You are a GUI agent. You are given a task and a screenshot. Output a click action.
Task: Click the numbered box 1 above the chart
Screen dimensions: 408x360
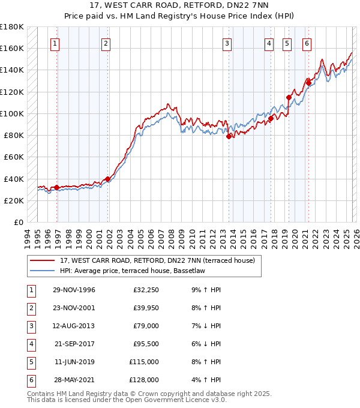pos(55,43)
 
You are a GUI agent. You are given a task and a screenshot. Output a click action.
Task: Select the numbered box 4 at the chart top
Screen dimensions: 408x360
pos(269,43)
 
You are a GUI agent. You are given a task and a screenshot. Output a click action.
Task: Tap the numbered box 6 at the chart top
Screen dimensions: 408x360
pos(307,43)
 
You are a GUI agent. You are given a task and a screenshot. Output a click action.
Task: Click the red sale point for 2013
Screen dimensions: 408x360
pos(229,136)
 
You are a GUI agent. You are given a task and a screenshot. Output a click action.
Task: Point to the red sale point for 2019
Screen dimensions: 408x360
pos(289,97)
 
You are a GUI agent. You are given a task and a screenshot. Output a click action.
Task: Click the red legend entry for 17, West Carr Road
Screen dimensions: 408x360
pos(157,260)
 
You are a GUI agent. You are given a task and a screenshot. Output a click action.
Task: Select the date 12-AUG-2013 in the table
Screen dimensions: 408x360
pos(74,326)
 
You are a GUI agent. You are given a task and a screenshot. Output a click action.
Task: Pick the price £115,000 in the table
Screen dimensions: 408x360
pos(144,362)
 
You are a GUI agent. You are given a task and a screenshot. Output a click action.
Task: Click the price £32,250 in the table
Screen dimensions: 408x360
pos(146,290)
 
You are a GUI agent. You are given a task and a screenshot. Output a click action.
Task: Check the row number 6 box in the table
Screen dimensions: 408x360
pos(30,380)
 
